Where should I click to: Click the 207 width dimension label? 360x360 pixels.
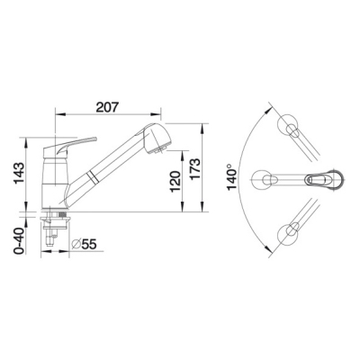[107, 107]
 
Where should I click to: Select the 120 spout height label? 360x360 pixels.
[175, 182]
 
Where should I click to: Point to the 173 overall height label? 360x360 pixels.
[195, 169]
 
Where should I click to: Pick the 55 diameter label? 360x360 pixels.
[89, 245]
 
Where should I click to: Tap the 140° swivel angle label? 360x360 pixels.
[232, 177]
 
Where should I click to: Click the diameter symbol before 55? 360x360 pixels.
[76, 244]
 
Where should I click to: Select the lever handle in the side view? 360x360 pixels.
[70, 146]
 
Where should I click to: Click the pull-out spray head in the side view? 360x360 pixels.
[157, 139]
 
